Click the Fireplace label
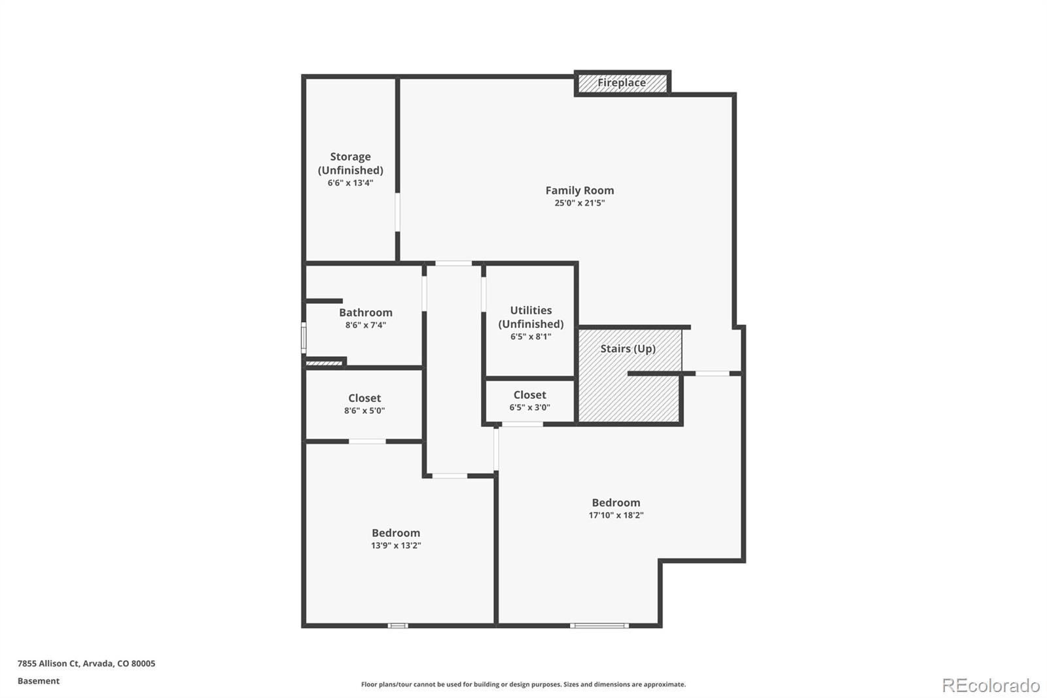click(621, 83)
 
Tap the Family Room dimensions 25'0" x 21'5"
click(579, 203)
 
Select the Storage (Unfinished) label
click(350, 163)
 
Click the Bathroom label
click(365, 312)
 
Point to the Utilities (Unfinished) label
click(531, 317)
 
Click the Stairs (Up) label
click(628, 348)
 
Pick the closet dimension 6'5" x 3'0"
click(529, 407)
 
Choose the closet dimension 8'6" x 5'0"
click(364, 411)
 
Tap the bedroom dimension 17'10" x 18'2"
click(616, 515)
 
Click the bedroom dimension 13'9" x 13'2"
click(395, 545)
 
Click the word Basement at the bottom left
click(39, 681)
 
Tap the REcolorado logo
click(990, 686)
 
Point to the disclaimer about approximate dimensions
click(523, 684)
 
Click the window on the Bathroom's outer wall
click(304, 338)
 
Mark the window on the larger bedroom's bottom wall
click(599, 626)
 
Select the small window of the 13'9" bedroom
click(397, 626)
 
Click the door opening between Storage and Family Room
click(397, 211)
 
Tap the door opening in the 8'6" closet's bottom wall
click(367, 441)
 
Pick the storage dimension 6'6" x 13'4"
click(350, 183)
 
